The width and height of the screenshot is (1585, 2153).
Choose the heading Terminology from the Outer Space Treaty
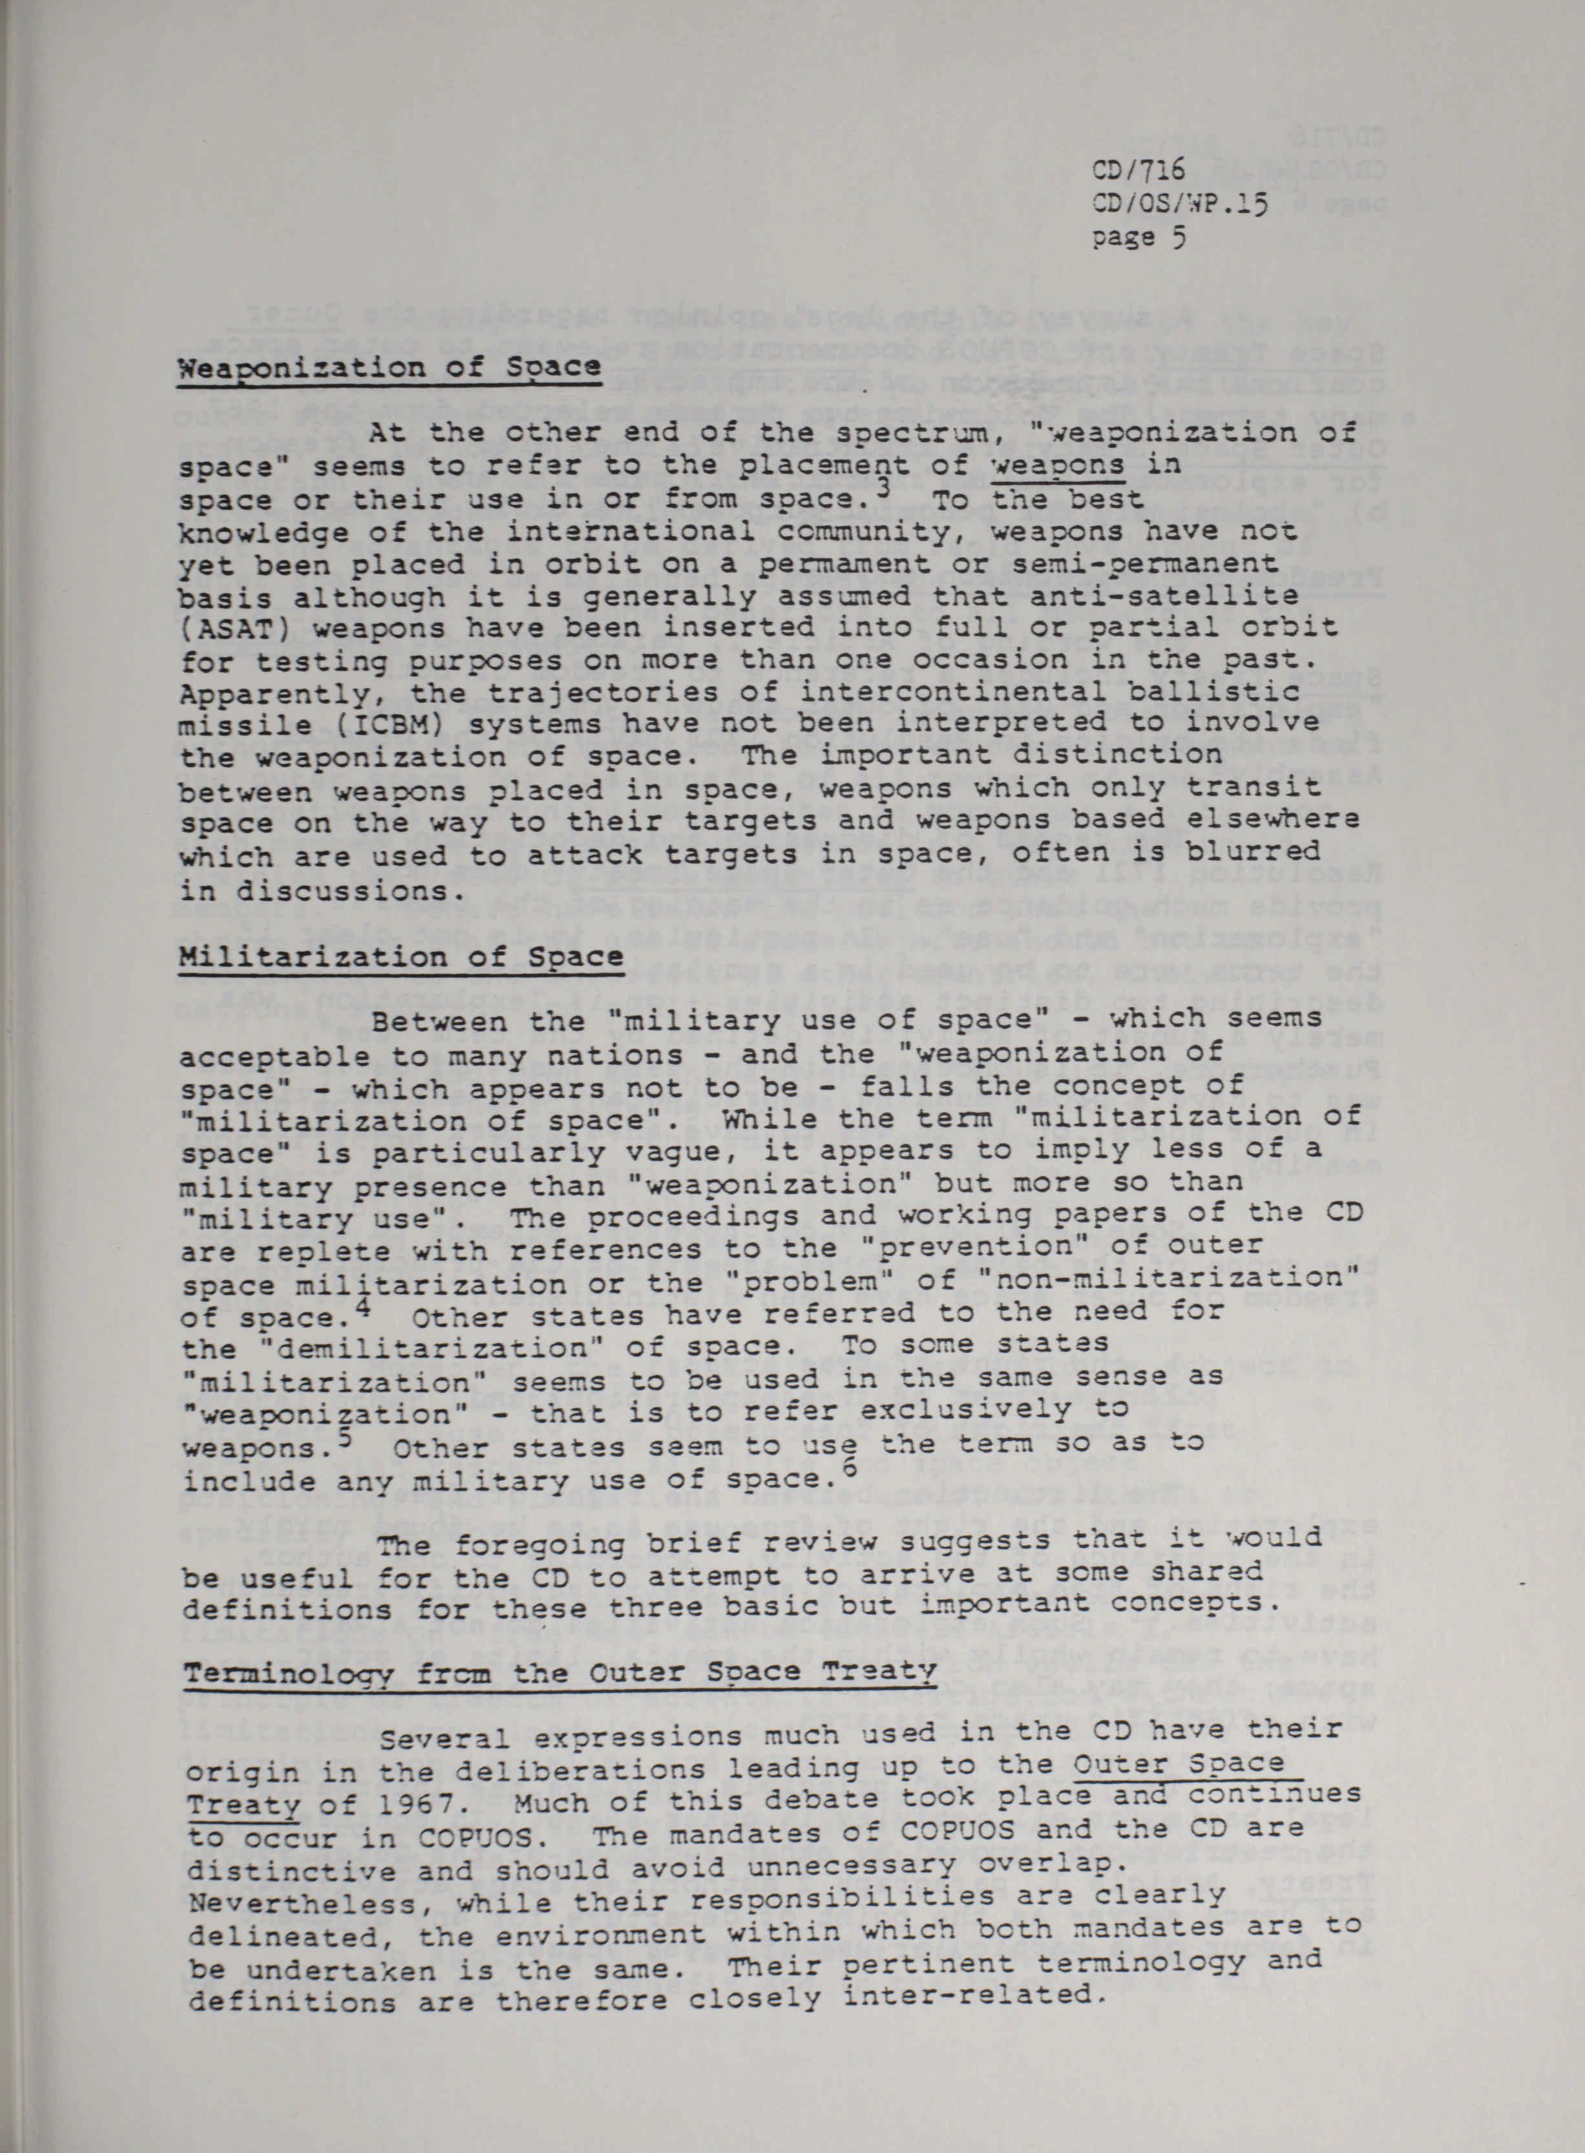560,1672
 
